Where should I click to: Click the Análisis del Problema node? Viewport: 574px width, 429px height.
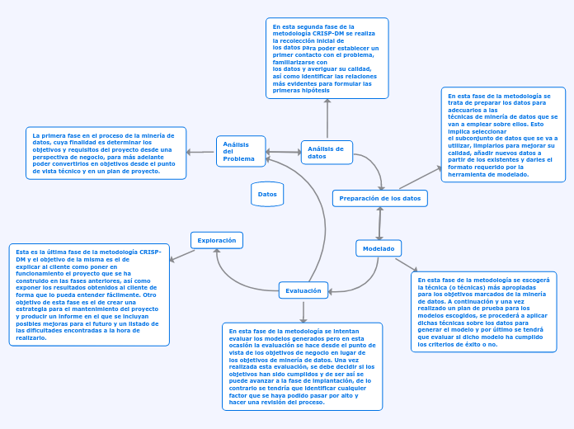coord(241,152)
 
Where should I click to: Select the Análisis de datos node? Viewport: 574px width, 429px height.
coord(327,152)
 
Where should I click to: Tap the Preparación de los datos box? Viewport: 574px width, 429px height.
coord(379,198)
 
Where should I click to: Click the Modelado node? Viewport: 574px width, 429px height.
coord(379,248)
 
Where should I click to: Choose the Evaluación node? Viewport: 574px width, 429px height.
coord(303,290)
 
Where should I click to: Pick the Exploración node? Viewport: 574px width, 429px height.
coord(217,240)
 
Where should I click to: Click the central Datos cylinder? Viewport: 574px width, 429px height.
coord(267,195)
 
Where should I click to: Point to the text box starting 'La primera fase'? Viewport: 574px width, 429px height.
coord(106,153)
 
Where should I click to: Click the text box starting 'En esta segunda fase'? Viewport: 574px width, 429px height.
coord(327,58)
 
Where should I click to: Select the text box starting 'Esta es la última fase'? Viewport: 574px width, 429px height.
coord(88,295)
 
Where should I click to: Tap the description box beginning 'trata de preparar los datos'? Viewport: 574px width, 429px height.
coord(503,134)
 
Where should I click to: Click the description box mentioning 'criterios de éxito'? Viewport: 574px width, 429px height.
coord(482,312)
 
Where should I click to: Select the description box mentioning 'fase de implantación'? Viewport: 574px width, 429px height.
coord(303,366)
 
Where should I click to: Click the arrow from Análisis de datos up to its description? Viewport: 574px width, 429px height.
coord(327,119)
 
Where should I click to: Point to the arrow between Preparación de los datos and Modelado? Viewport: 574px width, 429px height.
coord(379,223)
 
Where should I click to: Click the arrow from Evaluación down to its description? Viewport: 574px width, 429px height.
coord(303,310)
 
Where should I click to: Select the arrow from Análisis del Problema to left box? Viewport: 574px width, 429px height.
coord(201,152)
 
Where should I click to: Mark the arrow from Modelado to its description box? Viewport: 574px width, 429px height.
coord(407,264)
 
